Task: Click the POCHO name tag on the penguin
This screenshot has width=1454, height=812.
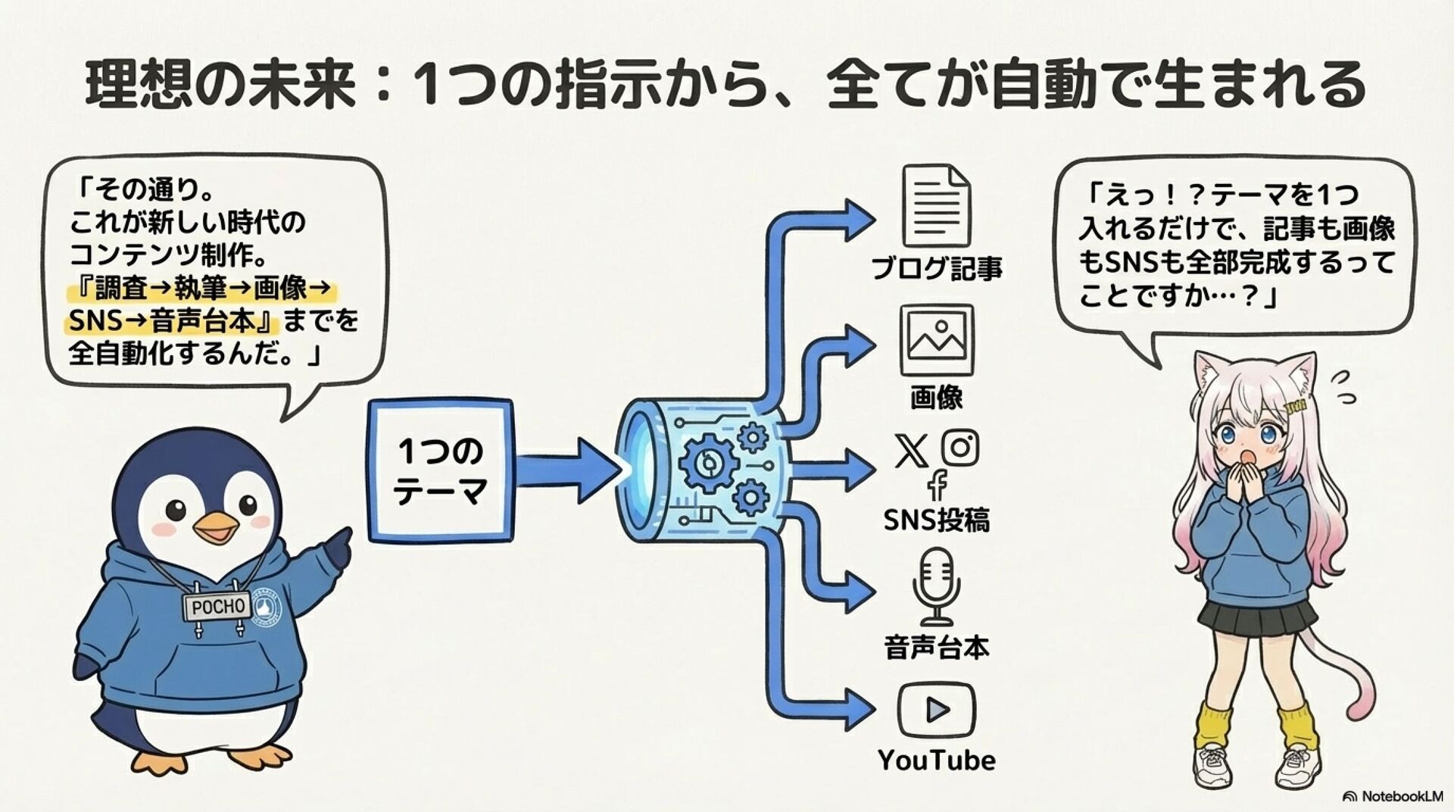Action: pos(218,607)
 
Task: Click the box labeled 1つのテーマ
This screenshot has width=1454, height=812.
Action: pos(440,470)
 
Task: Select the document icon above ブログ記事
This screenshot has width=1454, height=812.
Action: pos(936,206)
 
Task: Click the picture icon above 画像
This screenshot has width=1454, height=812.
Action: pos(937,340)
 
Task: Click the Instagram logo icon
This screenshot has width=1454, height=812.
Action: pos(959,447)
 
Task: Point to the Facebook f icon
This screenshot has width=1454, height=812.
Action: pos(938,486)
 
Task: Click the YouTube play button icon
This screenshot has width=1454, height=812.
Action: pos(937,710)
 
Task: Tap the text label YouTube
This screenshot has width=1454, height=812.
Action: pos(937,760)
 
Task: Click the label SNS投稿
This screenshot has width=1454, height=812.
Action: pos(937,520)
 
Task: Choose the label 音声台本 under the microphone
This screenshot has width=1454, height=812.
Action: pos(937,648)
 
